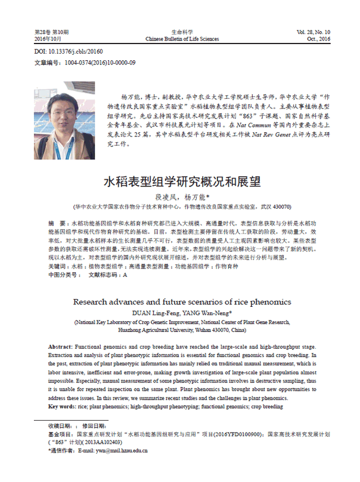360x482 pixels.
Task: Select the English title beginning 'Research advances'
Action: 182,301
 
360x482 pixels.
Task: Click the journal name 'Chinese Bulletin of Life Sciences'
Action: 182,39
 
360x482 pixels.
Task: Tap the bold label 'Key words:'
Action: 62,406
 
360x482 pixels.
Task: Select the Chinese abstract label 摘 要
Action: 58,222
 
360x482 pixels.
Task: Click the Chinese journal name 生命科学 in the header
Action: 182,32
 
